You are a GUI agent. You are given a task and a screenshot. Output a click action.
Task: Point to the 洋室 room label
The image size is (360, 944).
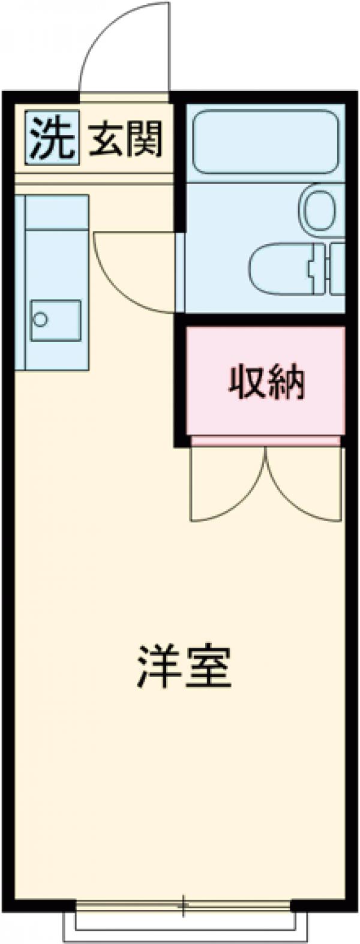click(184, 666)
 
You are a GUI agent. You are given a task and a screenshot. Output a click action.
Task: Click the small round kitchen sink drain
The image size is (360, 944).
click(40, 318)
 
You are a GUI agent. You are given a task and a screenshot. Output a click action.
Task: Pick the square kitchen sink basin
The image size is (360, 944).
click(56, 321)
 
